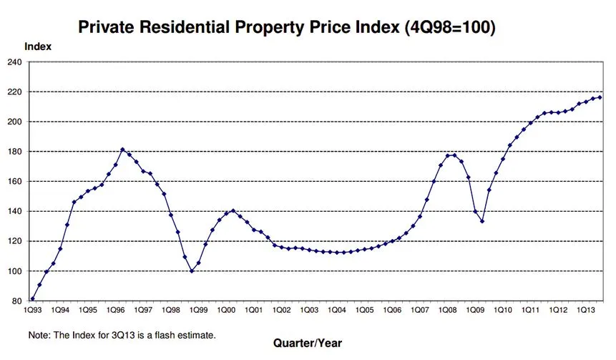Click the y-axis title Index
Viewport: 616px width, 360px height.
coord(38,47)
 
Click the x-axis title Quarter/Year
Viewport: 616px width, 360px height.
coord(308,343)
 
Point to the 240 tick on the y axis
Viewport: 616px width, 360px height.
coord(15,62)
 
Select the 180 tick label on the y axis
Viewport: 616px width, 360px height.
coord(15,152)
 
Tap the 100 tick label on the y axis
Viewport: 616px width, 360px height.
coord(15,271)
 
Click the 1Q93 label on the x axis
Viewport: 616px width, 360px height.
coord(33,311)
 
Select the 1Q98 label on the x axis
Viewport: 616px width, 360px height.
coord(170,311)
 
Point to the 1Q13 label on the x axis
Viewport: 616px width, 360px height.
coord(584,311)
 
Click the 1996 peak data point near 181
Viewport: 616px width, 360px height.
coord(122,150)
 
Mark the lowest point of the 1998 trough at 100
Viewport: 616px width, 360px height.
coord(191,271)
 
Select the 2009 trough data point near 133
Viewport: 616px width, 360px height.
coord(481,221)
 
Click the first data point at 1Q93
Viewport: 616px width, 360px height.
coord(33,299)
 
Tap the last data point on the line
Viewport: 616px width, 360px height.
coord(599,97)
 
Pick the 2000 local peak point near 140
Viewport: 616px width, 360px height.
coord(233,210)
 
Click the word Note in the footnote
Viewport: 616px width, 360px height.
coord(39,335)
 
